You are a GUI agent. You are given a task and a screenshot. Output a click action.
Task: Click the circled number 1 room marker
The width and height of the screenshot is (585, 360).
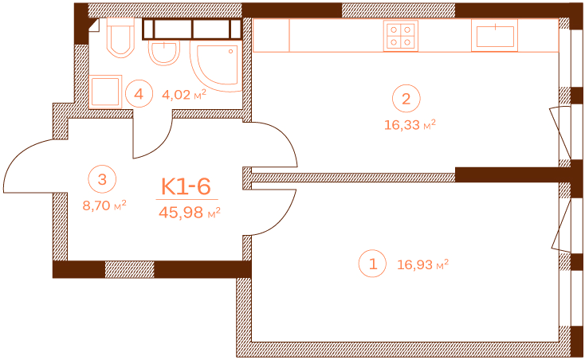click(x=372, y=264)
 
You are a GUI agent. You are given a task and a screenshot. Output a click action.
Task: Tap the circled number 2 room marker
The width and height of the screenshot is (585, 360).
click(x=406, y=99)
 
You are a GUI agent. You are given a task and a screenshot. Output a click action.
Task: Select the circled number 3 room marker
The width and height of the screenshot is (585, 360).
click(x=102, y=179)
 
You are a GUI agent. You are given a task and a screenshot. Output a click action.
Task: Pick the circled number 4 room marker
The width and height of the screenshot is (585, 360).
click(x=139, y=94)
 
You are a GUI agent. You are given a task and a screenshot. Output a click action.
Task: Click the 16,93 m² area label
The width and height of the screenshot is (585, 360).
click(x=422, y=264)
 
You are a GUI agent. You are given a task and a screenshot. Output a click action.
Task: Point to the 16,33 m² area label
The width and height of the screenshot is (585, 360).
click(x=410, y=124)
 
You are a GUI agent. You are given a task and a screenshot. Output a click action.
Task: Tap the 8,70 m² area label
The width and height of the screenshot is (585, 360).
click(x=104, y=205)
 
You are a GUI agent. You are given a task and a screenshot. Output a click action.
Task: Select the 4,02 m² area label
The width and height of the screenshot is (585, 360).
click(x=184, y=95)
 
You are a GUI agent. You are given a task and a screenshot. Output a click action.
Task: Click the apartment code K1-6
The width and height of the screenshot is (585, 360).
click(x=186, y=186)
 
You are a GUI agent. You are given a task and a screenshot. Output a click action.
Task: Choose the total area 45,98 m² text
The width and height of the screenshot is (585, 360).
click(x=190, y=213)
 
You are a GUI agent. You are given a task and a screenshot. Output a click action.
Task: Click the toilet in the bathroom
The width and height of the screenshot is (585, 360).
click(x=120, y=37)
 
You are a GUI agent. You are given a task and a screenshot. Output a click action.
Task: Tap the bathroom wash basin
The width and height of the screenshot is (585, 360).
click(x=164, y=53)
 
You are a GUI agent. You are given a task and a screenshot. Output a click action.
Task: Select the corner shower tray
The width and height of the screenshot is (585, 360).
click(x=216, y=65)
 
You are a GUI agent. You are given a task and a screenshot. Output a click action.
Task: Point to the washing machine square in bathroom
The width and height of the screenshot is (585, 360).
click(x=105, y=92)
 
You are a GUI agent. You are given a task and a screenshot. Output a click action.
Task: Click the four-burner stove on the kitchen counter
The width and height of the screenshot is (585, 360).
click(x=401, y=36)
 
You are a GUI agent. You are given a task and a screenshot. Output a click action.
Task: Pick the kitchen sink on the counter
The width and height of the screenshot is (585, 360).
click(x=495, y=35)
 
